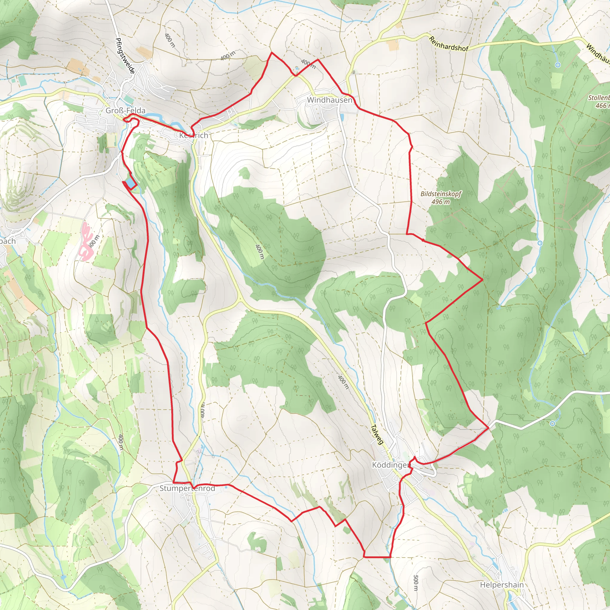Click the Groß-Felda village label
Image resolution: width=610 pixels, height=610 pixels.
(125, 111)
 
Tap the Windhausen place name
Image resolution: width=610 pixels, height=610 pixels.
(329, 100)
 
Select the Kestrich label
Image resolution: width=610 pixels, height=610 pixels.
(194, 136)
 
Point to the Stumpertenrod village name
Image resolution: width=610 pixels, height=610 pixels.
(187, 488)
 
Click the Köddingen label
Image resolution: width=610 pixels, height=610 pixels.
(391, 465)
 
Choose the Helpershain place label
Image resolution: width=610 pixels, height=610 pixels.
(502, 585)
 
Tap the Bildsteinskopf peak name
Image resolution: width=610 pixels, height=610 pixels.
(441, 194)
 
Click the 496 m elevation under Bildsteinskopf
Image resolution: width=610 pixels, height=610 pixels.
(441, 202)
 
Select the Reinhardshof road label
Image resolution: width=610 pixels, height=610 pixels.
(448, 44)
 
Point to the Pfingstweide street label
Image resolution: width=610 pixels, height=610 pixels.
(125, 56)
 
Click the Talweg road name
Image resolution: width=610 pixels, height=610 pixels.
(377, 435)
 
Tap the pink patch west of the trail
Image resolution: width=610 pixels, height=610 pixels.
(86, 242)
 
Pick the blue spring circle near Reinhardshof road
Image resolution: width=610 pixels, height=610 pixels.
(558, 65)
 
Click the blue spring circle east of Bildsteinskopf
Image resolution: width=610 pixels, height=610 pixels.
(540, 243)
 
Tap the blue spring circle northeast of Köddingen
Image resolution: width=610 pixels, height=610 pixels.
(552, 424)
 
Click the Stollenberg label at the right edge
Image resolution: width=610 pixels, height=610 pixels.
(599, 98)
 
